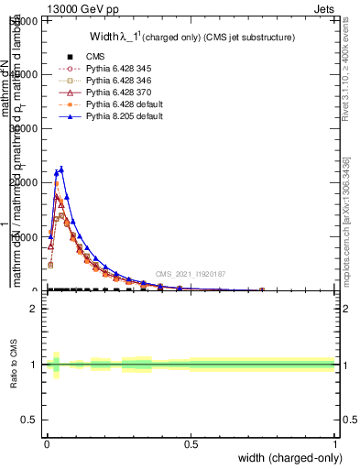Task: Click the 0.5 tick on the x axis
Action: pyautogui.click(x=191, y=444)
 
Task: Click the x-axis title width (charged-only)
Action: pyautogui.click(x=289, y=458)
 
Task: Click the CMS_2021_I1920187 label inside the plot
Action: pyautogui.click(x=190, y=273)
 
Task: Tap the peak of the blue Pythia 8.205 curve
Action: pyautogui.click(x=61, y=169)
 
